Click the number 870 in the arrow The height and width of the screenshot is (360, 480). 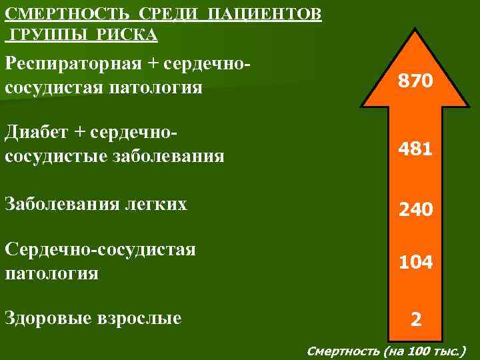(x=415, y=82)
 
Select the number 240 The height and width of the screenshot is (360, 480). (x=415, y=211)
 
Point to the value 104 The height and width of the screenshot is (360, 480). (x=415, y=263)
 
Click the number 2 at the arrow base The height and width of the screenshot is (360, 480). (x=415, y=321)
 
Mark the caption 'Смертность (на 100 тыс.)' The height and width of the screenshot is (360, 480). (x=387, y=350)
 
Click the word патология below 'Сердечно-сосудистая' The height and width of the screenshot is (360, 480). (x=51, y=273)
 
